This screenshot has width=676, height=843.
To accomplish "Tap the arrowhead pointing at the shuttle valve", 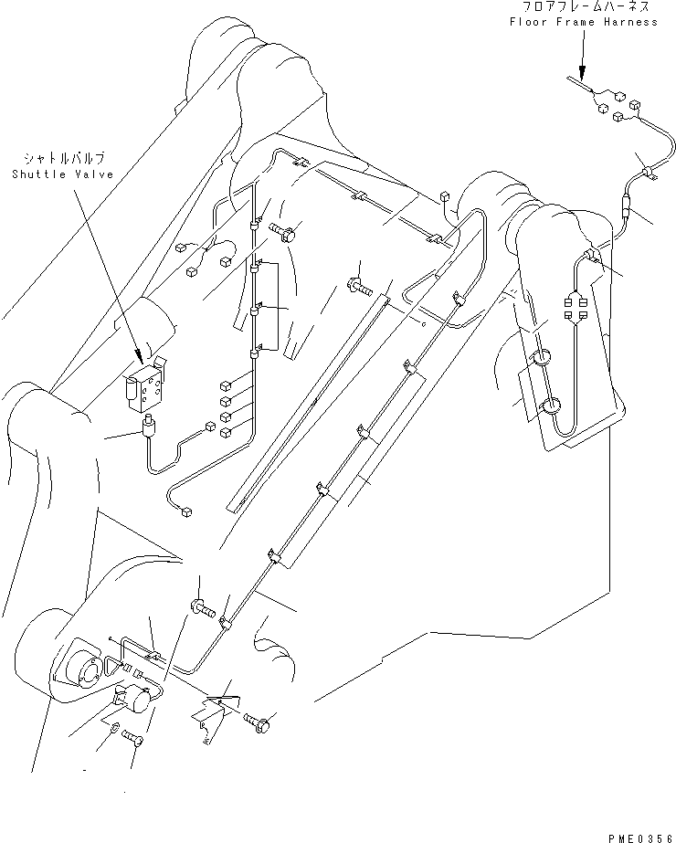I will [138, 354].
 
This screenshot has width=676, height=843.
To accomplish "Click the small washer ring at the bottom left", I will [112, 729].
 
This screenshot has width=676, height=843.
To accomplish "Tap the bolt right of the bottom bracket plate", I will [259, 724].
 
